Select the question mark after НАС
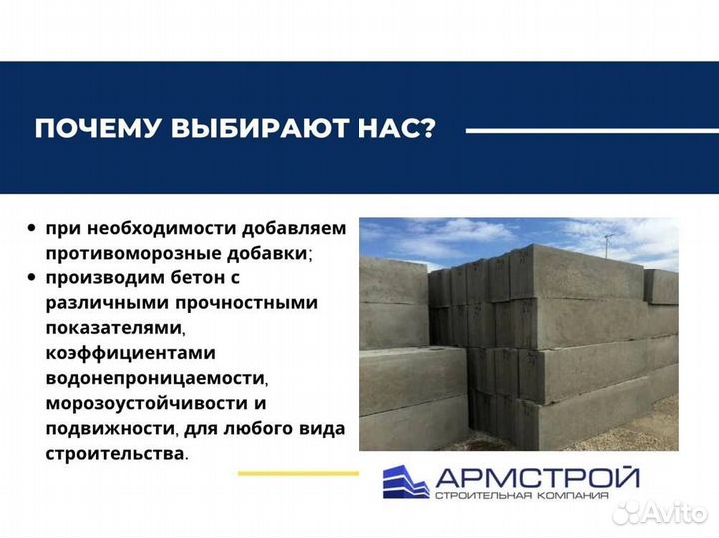click(x=428, y=130)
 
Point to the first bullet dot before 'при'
click(x=33, y=228)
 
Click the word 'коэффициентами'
click(x=116, y=353)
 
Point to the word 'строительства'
click(x=113, y=454)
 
